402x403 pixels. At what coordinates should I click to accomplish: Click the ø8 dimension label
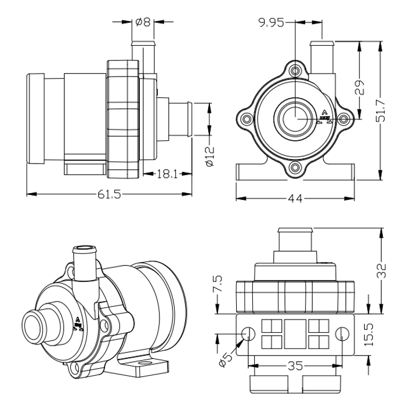tap(143, 23)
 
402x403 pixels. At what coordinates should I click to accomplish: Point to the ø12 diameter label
tap(210, 155)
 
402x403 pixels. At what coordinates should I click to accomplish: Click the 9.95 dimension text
tap(273, 23)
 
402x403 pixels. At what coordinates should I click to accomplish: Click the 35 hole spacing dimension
tap(294, 365)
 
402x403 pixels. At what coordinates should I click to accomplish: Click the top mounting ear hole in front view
tap(296, 71)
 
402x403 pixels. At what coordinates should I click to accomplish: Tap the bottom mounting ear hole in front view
tap(296, 169)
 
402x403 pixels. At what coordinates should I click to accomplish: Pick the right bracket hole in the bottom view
tap(342, 333)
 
